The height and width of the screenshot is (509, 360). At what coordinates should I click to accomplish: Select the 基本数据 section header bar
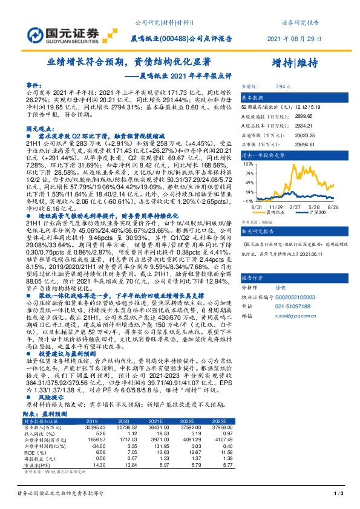(x=289, y=97)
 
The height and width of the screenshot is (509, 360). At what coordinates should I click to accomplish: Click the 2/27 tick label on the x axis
(x=295, y=206)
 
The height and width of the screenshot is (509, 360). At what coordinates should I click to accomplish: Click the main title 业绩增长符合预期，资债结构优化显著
(x=129, y=62)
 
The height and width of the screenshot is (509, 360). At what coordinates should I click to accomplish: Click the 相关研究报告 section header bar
(x=289, y=232)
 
